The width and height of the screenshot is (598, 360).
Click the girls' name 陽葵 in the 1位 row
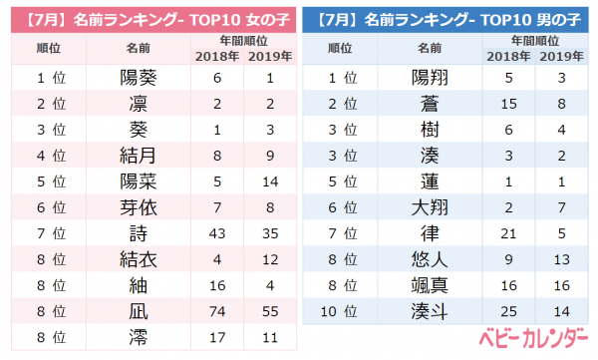tap(139, 78)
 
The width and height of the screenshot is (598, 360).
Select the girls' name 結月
tap(139, 156)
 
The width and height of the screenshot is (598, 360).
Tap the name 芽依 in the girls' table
tap(139, 207)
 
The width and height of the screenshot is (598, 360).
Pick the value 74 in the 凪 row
tap(217, 311)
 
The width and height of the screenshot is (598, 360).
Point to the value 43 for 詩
tap(217, 233)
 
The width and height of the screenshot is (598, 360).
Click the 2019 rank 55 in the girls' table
tap(270, 311)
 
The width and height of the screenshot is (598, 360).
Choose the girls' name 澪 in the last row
tap(139, 337)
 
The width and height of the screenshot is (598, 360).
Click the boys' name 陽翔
tap(430, 78)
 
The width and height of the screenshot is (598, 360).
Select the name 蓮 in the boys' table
tap(430, 181)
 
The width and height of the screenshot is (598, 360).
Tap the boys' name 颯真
tap(430, 285)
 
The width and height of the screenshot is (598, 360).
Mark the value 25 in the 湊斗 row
tap(508, 311)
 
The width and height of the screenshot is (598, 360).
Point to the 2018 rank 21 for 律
tap(508, 233)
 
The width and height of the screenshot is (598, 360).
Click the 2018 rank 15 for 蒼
tap(508, 104)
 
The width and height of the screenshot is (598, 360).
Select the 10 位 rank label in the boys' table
tap(339, 311)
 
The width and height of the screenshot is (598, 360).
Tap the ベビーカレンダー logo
tap(533, 337)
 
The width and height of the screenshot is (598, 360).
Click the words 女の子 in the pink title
tap(268, 20)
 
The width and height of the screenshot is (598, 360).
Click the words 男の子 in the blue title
tap(559, 20)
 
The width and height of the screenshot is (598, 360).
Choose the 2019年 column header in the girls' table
tap(270, 57)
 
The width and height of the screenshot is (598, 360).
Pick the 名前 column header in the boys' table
tap(430, 48)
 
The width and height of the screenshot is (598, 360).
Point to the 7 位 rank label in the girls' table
tap(52, 233)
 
